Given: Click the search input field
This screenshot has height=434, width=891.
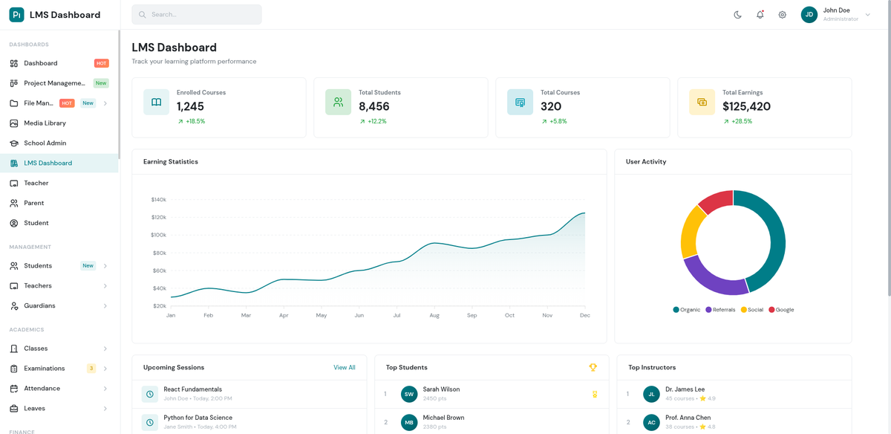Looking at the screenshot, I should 197,15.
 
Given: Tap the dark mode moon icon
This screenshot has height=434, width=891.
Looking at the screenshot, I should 737,15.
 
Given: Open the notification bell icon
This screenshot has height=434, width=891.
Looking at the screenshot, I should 760,15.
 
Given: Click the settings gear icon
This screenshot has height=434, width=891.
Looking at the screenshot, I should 782,15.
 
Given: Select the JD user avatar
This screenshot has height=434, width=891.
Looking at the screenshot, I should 809,15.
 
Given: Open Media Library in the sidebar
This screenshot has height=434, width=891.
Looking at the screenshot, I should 45,123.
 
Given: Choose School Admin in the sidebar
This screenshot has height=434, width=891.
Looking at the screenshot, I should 45,143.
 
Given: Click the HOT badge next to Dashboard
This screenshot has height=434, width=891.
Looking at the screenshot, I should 101,63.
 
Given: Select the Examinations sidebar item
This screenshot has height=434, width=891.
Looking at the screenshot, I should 45,369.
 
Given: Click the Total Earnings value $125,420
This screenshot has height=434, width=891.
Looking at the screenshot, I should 746,106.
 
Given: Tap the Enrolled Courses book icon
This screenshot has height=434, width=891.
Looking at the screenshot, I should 156,103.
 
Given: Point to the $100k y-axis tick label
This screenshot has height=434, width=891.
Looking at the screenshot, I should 158,235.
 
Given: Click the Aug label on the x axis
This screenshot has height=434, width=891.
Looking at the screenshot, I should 434,316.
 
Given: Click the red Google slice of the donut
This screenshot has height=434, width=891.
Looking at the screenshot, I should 714,201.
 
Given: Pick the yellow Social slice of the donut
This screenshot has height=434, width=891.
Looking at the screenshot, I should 692,231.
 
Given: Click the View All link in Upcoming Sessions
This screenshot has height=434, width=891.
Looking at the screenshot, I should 344,368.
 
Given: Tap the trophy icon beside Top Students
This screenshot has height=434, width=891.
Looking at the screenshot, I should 593,368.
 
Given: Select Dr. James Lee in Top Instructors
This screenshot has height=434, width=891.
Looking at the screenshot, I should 685,389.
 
